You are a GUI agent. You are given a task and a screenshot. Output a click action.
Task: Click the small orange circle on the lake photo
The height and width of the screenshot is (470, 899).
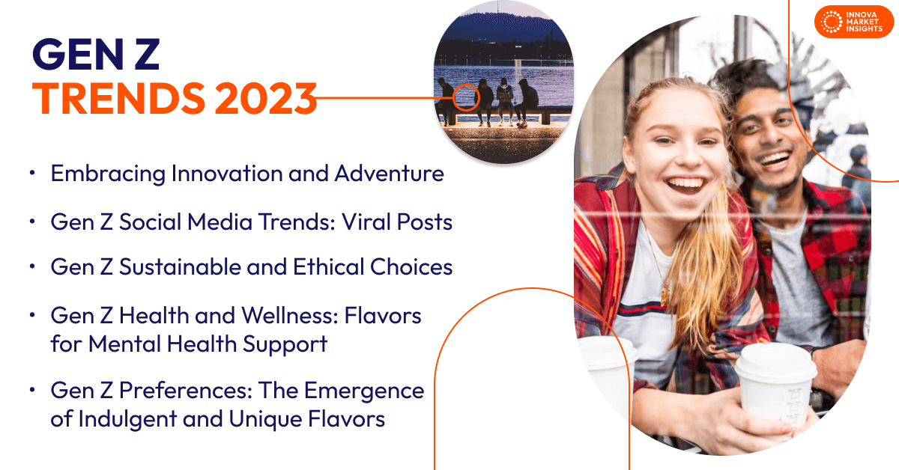pyautogui.click(x=466, y=97)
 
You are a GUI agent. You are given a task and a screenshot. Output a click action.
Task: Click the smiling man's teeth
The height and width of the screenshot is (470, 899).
pyautogui.click(x=776, y=159)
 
